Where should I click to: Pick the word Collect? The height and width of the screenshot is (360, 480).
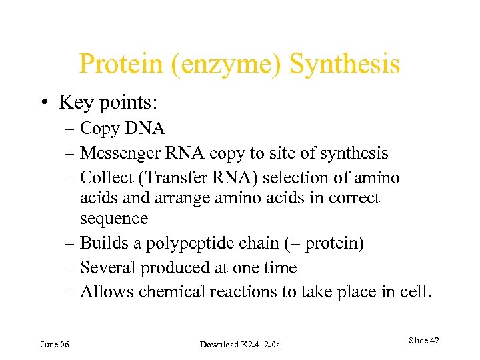(103, 178)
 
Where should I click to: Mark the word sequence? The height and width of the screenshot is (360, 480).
(113, 219)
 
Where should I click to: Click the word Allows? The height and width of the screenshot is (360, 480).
(101, 292)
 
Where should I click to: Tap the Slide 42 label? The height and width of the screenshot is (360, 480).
(423, 341)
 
